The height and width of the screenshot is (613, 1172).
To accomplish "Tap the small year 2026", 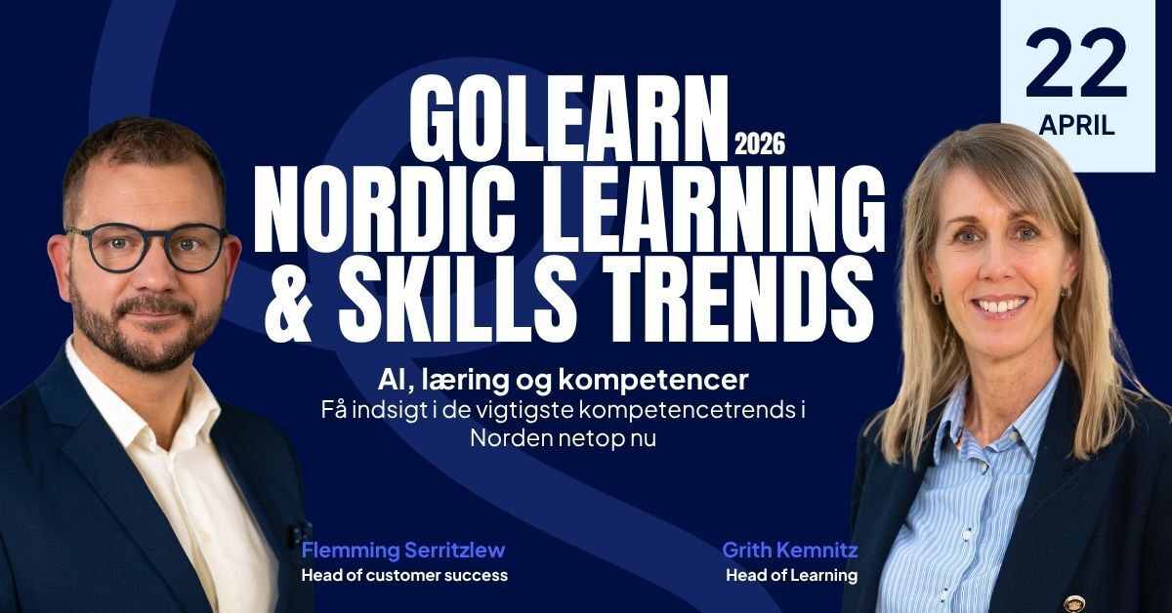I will click(759, 147).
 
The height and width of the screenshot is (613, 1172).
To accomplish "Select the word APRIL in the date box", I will click(1076, 126).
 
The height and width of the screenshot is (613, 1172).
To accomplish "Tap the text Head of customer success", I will click(404, 575).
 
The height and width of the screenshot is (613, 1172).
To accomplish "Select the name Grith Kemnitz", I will click(789, 550).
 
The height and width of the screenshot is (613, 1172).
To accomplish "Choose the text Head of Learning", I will click(791, 575).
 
